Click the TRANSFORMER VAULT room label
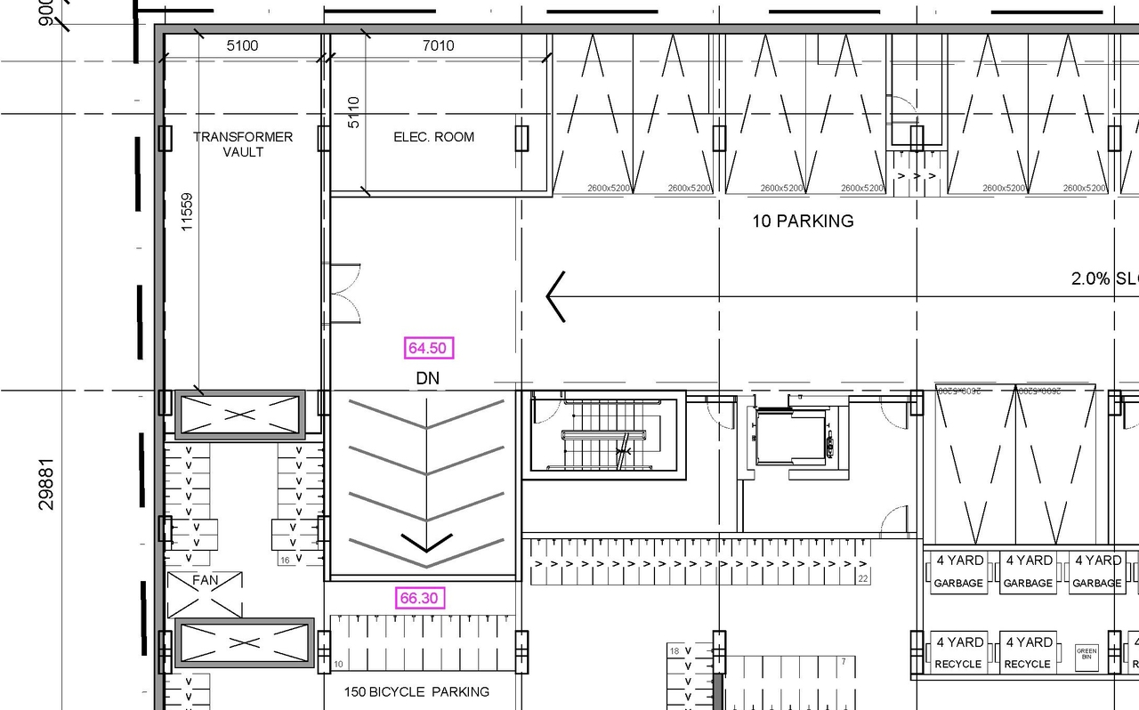coord(243,144)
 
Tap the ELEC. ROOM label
coord(433,137)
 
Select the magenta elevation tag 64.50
coord(428,348)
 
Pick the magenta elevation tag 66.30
coord(418,598)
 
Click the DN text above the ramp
coord(427,378)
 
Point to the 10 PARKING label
coord(803,222)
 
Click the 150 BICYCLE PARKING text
coord(416,691)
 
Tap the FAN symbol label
coord(205,580)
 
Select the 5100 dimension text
coord(242,45)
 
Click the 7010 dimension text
coord(437,45)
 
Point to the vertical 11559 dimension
coord(187,213)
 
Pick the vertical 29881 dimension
coord(46,484)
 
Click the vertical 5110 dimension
coord(353,113)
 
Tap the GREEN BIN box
coord(1086,655)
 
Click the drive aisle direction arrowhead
coord(555,296)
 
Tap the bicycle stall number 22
coord(862,579)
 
